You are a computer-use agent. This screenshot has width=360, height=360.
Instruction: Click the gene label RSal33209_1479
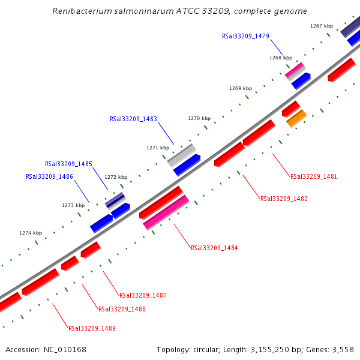pyautogui.click(x=245, y=36)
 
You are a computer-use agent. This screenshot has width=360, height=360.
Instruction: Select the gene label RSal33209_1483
pyautogui.click(x=133, y=119)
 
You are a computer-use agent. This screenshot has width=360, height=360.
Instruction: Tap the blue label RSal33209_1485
pyautogui.click(x=68, y=164)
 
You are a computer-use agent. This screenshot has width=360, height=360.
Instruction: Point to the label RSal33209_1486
pyautogui.click(x=49, y=176)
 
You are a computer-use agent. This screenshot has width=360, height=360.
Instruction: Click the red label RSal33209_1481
pyautogui.click(x=314, y=177)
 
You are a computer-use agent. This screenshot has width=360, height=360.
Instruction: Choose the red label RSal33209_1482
pyautogui.click(x=284, y=199)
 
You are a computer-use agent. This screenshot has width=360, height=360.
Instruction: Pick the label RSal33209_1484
pyautogui.click(x=214, y=248)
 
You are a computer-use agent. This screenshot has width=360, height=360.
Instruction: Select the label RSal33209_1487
pyautogui.click(x=143, y=295)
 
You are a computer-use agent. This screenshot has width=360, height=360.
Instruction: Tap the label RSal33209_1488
pyautogui.click(x=122, y=309)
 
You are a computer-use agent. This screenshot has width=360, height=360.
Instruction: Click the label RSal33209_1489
pyautogui.click(x=92, y=328)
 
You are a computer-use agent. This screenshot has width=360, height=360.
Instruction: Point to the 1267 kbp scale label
pyautogui.click(x=322, y=26)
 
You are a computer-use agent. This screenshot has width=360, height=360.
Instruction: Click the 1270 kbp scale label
pyautogui.click(x=199, y=119)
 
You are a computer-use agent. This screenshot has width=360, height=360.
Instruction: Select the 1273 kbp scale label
pyautogui.click(x=73, y=205)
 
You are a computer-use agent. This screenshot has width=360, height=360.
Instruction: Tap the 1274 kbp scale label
pyautogui.click(x=31, y=233)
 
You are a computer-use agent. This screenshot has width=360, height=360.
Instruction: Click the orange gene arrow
pyautogui.click(x=296, y=118)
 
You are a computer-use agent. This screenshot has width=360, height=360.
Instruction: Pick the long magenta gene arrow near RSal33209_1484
pyautogui.click(x=166, y=212)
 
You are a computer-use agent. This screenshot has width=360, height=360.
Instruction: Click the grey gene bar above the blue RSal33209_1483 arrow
pyautogui.click(x=181, y=155)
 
